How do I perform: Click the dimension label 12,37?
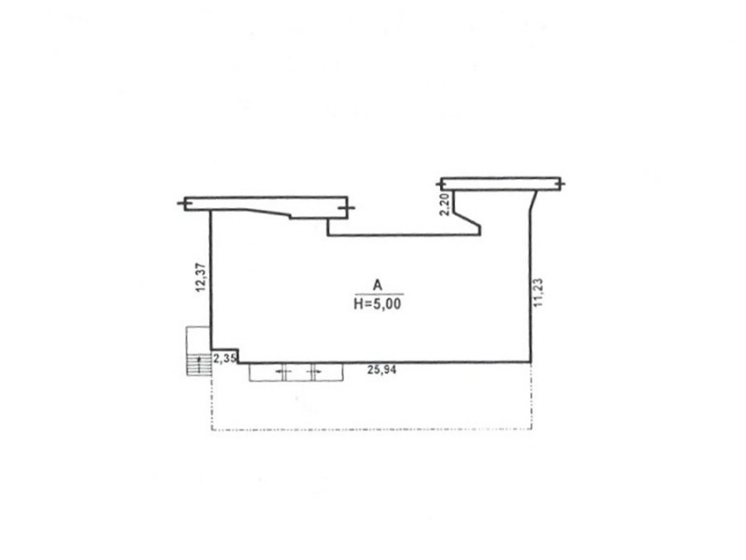point(200,277)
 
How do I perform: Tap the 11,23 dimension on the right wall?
point(539,292)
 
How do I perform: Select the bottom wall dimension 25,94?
point(381,369)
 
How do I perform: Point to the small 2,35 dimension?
point(224,358)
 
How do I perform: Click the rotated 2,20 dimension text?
point(445,204)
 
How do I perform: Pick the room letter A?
point(378,286)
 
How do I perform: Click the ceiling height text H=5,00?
point(378,304)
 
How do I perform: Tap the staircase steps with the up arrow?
point(199,364)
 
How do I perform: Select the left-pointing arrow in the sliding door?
point(283,371)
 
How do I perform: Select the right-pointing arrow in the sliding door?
point(314,371)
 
